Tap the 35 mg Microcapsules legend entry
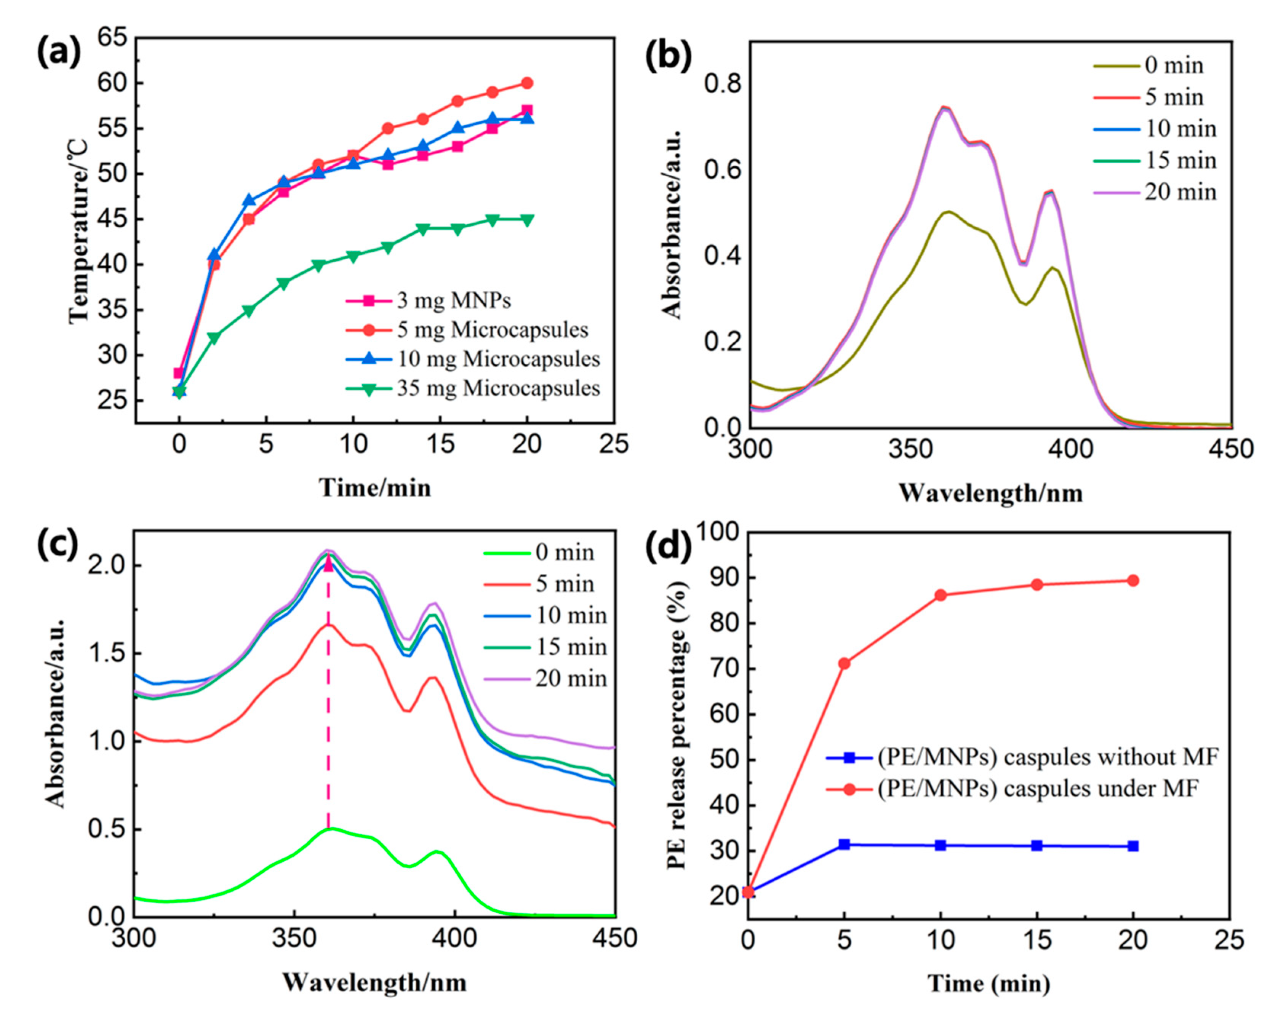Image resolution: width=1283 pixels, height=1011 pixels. [x=498, y=388]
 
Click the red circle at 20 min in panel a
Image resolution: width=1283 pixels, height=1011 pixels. [x=526, y=83]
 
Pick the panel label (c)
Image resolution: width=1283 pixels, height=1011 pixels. [x=58, y=545]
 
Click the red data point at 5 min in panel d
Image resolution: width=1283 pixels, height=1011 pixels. [x=844, y=664]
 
